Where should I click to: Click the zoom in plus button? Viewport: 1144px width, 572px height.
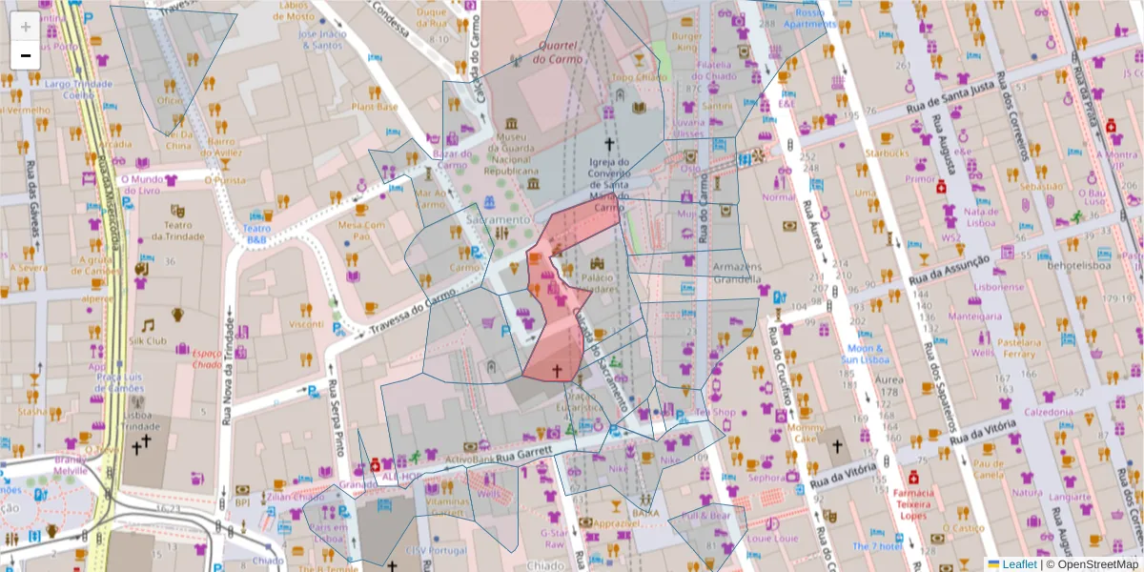tap(26, 26)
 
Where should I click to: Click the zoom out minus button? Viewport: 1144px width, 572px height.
tap(26, 55)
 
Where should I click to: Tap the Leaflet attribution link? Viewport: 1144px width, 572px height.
tap(1019, 563)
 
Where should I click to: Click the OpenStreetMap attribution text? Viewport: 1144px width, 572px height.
tap(1096, 563)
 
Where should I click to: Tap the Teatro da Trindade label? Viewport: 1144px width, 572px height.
tap(175, 232)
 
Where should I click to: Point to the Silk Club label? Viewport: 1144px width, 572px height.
tap(147, 340)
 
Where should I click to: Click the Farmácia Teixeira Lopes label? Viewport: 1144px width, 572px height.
tap(913, 504)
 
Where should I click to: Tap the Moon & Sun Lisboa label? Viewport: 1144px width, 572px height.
tap(865, 354)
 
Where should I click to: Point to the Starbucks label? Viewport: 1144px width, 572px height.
tap(887, 152)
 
